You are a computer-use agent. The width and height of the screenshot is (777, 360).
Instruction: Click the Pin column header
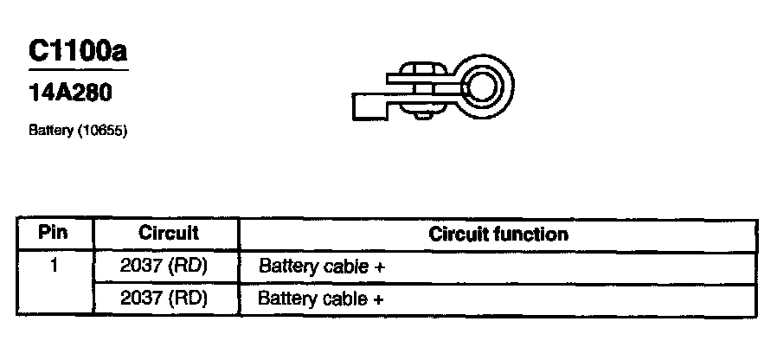point(54,233)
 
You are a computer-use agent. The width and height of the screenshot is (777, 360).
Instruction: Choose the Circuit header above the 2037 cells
point(168,233)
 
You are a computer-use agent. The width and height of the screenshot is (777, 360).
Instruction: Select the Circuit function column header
point(498,235)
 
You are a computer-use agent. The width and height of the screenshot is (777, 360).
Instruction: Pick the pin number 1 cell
point(54,267)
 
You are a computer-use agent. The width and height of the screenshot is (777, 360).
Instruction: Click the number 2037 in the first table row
point(140,267)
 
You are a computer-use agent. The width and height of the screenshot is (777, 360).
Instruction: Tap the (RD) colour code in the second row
point(189,299)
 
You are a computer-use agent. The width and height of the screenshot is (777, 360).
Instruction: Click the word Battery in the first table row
point(287,267)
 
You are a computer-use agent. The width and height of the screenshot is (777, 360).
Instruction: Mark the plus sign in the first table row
point(379,267)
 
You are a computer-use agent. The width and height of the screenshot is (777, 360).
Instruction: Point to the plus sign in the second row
point(379,300)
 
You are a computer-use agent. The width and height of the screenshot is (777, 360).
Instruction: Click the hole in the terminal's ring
point(481,87)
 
